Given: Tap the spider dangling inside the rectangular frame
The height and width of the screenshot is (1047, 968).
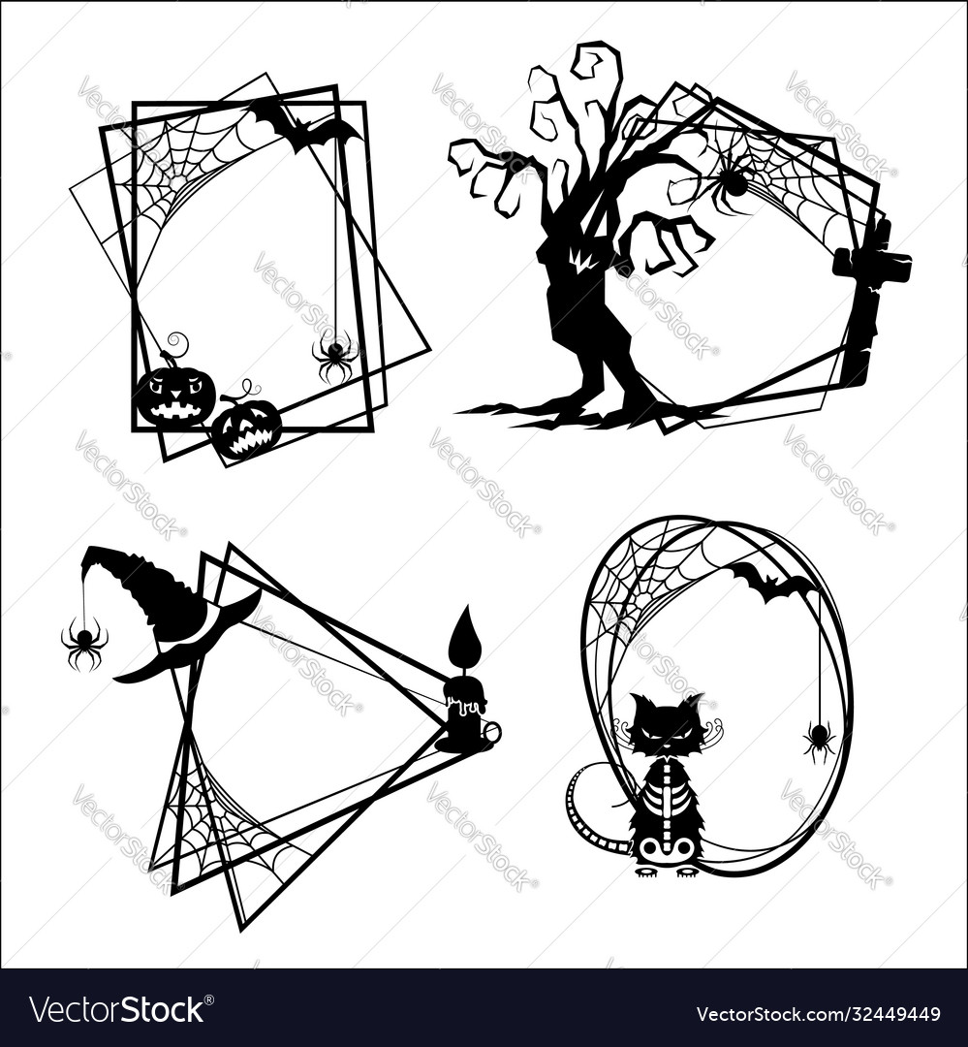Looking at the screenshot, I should pyautogui.click(x=335, y=357).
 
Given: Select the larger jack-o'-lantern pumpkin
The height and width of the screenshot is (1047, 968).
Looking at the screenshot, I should pyautogui.click(x=175, y=396).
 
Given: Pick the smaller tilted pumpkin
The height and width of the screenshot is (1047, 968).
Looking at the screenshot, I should pyautogui.click(x=246, y=427).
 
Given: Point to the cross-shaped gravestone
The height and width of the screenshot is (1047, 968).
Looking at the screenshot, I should pyautogui.click(x=868, y=291).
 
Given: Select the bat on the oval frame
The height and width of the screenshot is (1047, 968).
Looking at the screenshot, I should pyautogui.click(x=771, y=583).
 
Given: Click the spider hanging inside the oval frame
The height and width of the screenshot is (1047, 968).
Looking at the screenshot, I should pyautogui.click(x=819, y=739).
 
